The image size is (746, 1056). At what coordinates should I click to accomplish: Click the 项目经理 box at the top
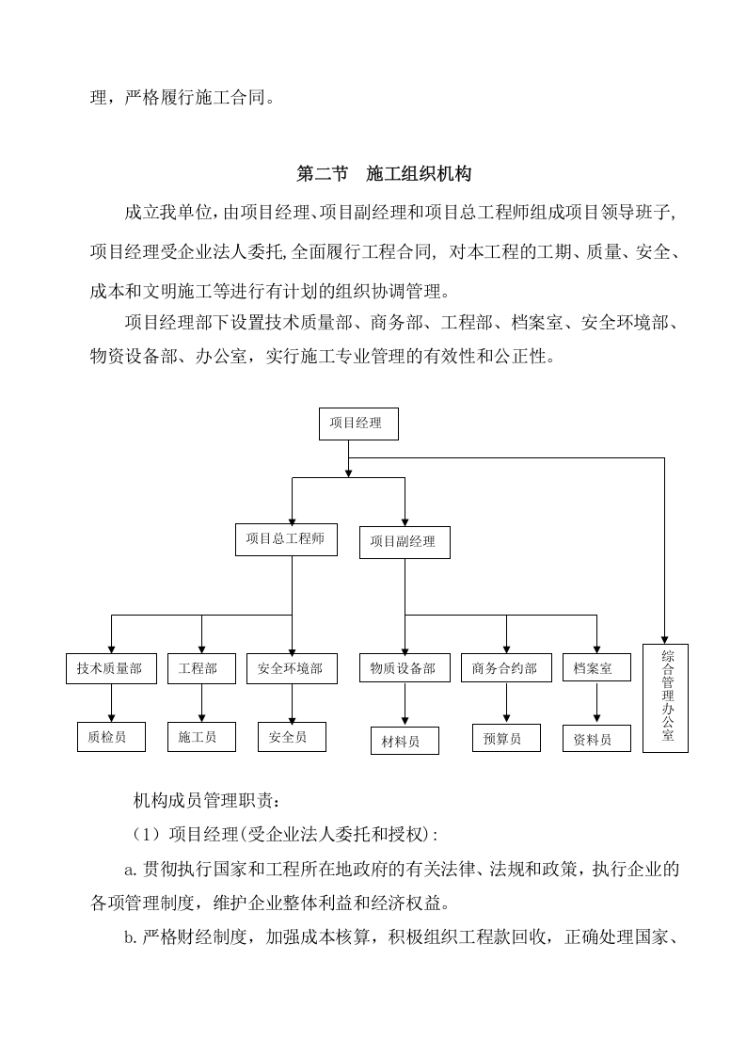[358, 424]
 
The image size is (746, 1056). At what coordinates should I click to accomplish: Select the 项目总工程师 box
[286, 539]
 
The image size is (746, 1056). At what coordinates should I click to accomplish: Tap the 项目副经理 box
[404, 541]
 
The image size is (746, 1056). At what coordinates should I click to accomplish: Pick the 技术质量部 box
[110, 668]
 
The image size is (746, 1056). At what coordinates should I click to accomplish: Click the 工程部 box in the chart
[199, 668]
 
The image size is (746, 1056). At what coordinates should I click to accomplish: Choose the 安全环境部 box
[291, 668]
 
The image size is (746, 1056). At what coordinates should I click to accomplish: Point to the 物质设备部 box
[404, 668]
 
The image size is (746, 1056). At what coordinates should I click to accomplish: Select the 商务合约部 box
[506, 668]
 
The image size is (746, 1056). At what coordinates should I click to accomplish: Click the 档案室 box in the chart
[595, 668]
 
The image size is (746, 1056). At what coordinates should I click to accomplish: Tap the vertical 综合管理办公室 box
[665, 697]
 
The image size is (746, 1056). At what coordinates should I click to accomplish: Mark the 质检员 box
[111, 737]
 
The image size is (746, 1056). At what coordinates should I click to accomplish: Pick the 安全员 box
[291, 737]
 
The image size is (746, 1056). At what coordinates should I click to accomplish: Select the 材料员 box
[405, 742]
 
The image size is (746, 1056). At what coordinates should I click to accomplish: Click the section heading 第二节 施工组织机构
[384, 174]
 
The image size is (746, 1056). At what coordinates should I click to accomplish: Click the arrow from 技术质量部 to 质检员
[111, 702]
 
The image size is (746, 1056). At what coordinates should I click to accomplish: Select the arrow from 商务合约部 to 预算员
[506, 702]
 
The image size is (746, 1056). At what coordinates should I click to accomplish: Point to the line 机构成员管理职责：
[205, 801]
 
